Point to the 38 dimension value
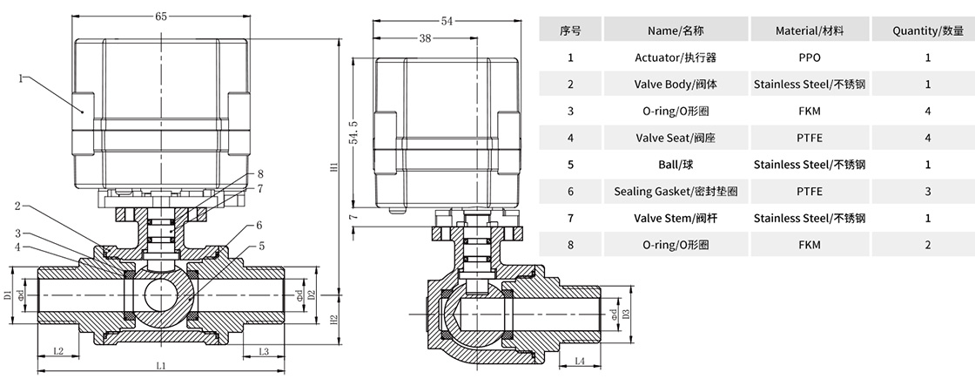pyautogui.click(x=425, y=37)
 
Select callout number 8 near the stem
pyautogui.click(x=260, y=174)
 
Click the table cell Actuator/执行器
pyautogui.click(x=676, y=58)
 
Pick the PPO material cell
pyautogui.click(x=809, y=58)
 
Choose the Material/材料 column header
pyautogui.click(x=809, y=30)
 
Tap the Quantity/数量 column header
pyautogui.click(x=928, y=30)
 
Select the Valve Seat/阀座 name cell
pyautogui.click(x=676, y=138)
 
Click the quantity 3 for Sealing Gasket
pyautogui.click(x=928, y=191)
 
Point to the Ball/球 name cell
pyautogui.click(x=676, y=164)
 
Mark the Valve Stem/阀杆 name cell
pyautogui.click(x=676, y=218)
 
